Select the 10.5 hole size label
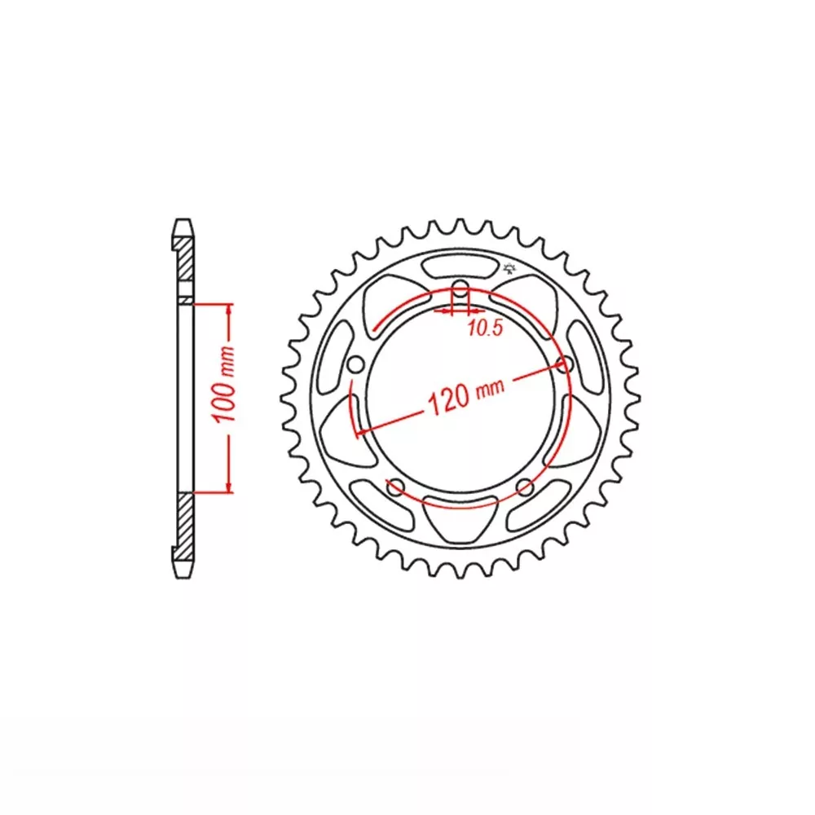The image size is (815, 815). pyautogui.click(x=485, y=328)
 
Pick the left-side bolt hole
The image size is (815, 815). pyautogui.click(x=355, y=365)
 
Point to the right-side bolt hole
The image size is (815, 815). pyautogui.click(x=565, y=364)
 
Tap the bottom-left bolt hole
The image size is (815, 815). pyautogui.click(x=396, y=487)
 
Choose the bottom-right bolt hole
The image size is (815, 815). pyautogui.click(x=526, y=487)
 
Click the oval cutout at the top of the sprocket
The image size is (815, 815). pyautogui.click(x=460, y=267)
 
